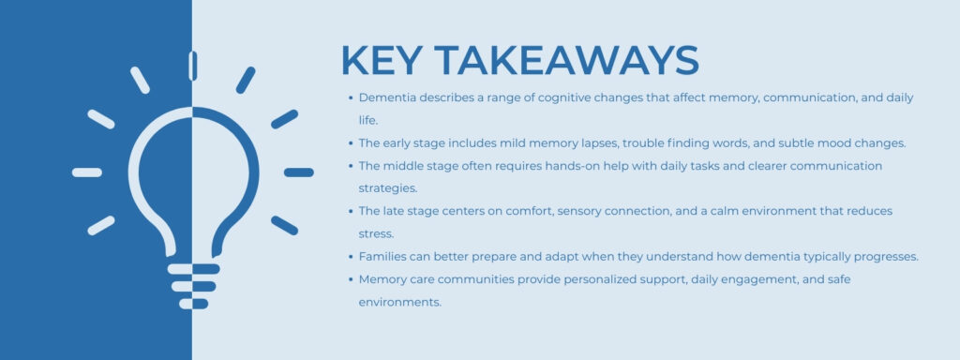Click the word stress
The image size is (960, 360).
pos(375,233)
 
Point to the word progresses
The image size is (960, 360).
pos(878,256)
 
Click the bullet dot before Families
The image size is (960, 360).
pos(349,256)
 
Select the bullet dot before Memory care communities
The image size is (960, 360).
pos(349,279)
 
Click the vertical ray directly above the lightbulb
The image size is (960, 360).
pos(193,66)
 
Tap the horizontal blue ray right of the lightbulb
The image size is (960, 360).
pos(299,172)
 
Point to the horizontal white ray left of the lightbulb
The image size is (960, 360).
pos(87,172)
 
